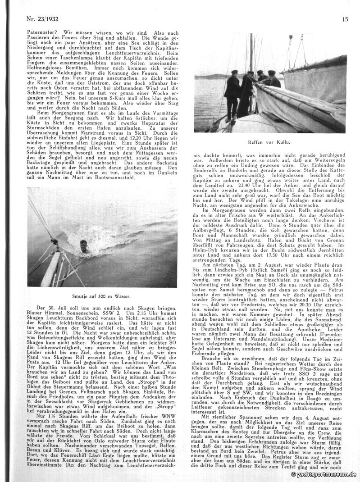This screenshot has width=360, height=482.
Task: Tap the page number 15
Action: click(x=345, y=19)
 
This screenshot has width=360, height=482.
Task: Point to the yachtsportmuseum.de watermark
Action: click(x=323, y=475)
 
